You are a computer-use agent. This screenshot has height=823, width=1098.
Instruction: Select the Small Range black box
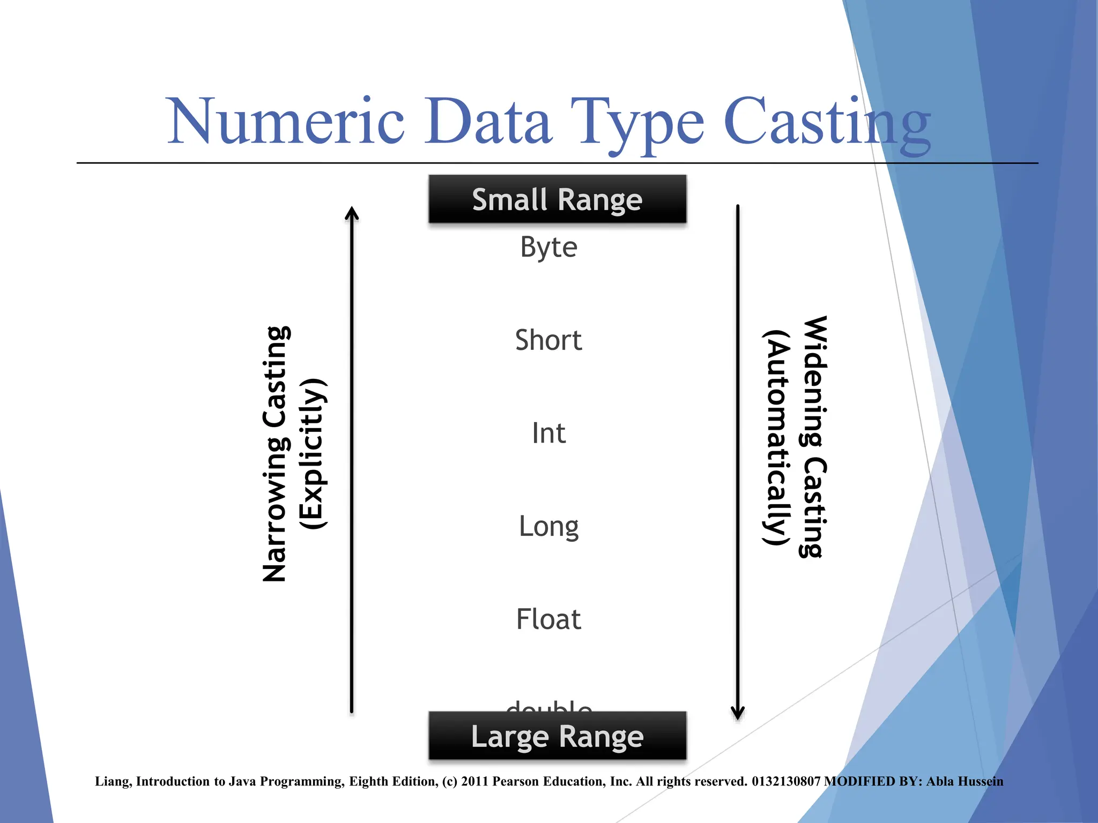[x=557, y=199]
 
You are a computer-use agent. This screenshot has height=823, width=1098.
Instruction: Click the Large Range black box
[x=557, y=736]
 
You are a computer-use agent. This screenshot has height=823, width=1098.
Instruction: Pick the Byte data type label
[x=548, y=248]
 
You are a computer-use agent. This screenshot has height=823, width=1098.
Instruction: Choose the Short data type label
[x=548, y=340]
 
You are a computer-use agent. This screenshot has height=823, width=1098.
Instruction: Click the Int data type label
[x=548, y=433]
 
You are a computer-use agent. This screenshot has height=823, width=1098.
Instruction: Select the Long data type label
[x=548, y=527]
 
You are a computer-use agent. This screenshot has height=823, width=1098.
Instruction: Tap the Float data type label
[x=548, y=619]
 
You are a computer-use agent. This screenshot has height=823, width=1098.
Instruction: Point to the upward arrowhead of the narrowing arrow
[x=352, y=213]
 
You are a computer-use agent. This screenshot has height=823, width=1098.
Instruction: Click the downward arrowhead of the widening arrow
[x=738, y=713]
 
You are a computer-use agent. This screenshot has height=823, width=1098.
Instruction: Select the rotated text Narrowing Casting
[x=276, y=454]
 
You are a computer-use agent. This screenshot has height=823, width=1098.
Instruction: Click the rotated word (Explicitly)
[x=313, y=454]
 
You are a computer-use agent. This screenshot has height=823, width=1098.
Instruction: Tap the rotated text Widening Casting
[x=814, y=437]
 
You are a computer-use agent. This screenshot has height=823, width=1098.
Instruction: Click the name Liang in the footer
[x=112, y=782]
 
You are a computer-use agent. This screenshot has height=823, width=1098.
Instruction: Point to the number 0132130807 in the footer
[x=786, y=782]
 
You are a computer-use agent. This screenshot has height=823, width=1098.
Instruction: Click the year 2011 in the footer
[x=474, y=782]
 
